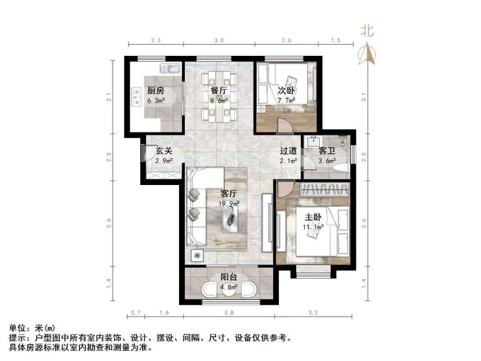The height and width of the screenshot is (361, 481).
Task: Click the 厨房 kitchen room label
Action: (156, 91)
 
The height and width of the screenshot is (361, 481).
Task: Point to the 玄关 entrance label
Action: (163, 151)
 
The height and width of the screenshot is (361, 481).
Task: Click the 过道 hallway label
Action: (289, 151)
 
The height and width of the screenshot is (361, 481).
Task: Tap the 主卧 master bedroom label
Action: (314, 216)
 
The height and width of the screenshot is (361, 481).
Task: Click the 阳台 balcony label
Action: (228, 277)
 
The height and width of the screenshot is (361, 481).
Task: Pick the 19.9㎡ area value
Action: (230, 204)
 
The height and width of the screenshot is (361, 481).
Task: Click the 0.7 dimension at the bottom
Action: (135, 312)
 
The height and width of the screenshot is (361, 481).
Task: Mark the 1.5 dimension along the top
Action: (335, 40)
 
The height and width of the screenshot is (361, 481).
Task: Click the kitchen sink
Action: (170, 69)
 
